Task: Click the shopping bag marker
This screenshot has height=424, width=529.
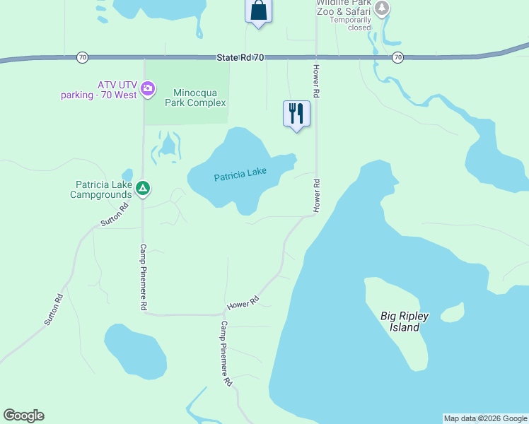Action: [x=258, y=11]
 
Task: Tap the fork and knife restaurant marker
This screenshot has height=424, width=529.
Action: [x=296, y=113]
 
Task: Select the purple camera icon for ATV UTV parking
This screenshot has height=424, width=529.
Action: [x=148, y=88]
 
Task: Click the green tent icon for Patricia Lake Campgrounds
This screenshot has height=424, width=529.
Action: [x=143, y=188]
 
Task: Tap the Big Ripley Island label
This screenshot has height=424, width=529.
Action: [x=409, y=322]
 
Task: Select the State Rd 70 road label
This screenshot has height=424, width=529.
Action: [x=240, y=57]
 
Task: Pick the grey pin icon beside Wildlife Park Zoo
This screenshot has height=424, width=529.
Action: [x=382, y=8]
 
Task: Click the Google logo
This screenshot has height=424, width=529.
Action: [x=23, y=416]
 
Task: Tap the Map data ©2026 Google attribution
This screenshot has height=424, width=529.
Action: [x=485, y=418]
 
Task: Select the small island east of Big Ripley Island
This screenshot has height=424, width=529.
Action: [x=452, y=312]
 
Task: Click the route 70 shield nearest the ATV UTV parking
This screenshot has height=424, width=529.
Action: [x=83, y=57]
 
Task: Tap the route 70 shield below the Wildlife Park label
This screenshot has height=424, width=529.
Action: [x=398, y=57]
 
